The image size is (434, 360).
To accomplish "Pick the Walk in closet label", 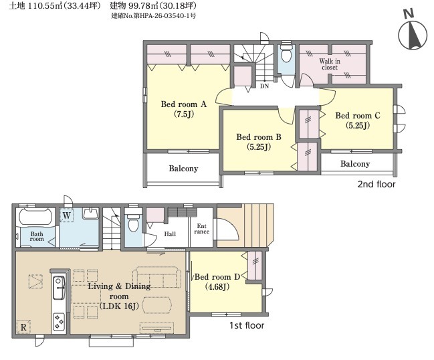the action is click(330, 64).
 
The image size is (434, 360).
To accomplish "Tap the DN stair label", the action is click(264, 86).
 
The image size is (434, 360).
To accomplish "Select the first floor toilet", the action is click(133, 221).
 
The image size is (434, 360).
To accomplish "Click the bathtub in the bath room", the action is click(36, 217).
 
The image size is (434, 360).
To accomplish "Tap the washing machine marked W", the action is click(66, 215).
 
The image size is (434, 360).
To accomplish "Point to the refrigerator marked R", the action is click(23, 327).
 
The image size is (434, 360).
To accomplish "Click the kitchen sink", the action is click(59, 288).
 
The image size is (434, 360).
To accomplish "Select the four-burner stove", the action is click(59, 321).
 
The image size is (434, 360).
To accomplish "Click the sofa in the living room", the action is click(156, 277).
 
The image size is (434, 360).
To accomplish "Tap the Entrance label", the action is click(201, 229).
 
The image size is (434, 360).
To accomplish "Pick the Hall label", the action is click(170, 234).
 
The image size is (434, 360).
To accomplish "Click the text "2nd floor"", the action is click(376, 184).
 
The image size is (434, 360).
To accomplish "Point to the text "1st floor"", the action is click(247, 325).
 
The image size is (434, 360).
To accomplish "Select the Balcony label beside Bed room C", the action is click(355, 164).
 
